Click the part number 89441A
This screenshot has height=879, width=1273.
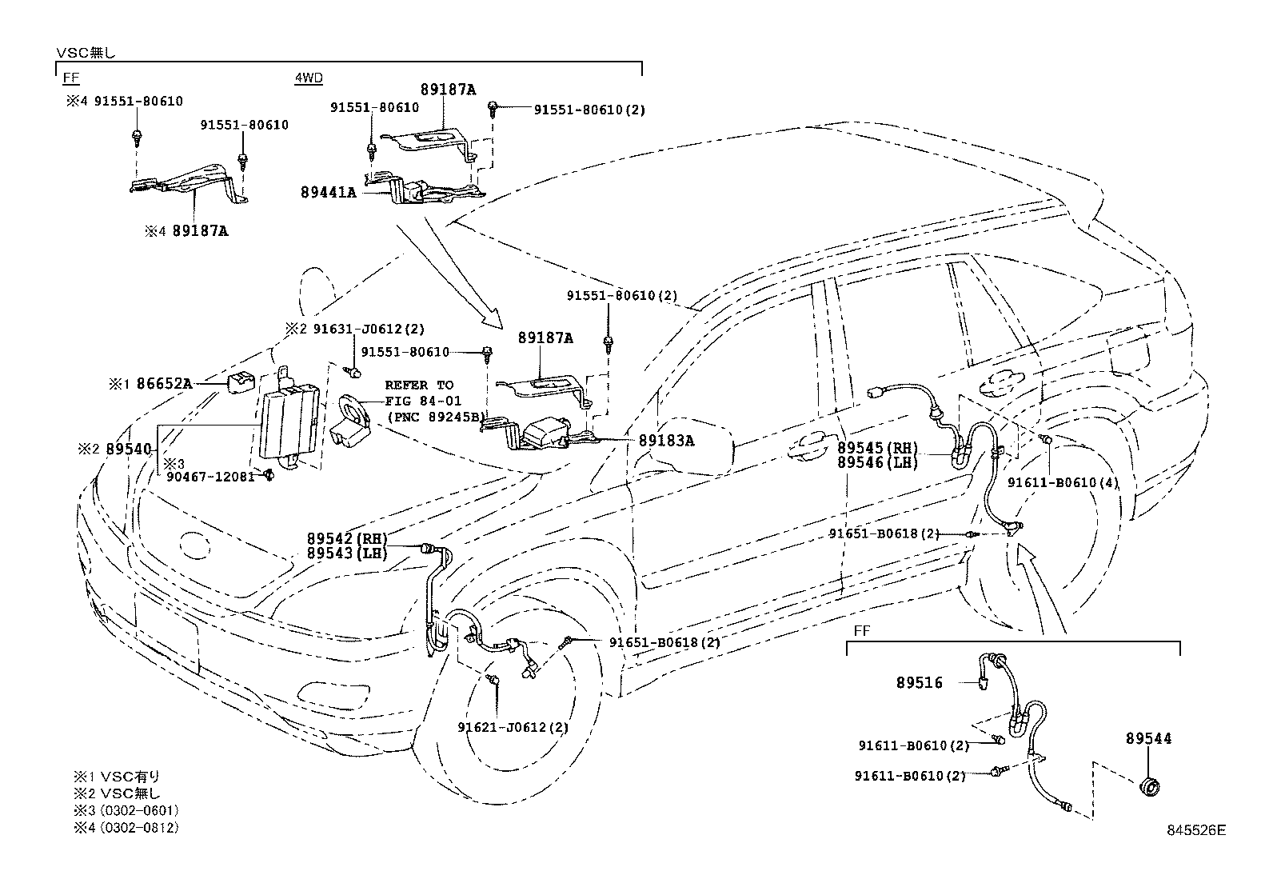click(x=329, y=193)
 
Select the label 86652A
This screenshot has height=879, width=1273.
click(x=164, y=384)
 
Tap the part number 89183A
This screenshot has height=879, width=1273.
click(x=666, y=441)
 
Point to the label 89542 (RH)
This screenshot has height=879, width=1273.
click(x=347, y=538)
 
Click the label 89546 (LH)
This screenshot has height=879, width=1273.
click(x=877, y=463)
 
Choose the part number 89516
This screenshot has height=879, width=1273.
click(x=919, y=682)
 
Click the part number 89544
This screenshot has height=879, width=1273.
click(x=1148, y=738)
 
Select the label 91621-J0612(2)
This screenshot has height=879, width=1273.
click(x=513, y=727)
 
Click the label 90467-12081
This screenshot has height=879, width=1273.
click(x=210, y=477)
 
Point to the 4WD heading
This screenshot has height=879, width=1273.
click(x=309, y=78)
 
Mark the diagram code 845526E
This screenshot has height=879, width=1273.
click(x=1196, y=830)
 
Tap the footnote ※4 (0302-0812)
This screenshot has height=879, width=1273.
click(x=126, y=828)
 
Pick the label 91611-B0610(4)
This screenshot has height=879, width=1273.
click(x=1063, y=483)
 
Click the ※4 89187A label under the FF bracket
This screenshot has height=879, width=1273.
click(x=186, y=231)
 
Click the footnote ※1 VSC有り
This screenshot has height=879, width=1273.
click(x=117, y=777)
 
